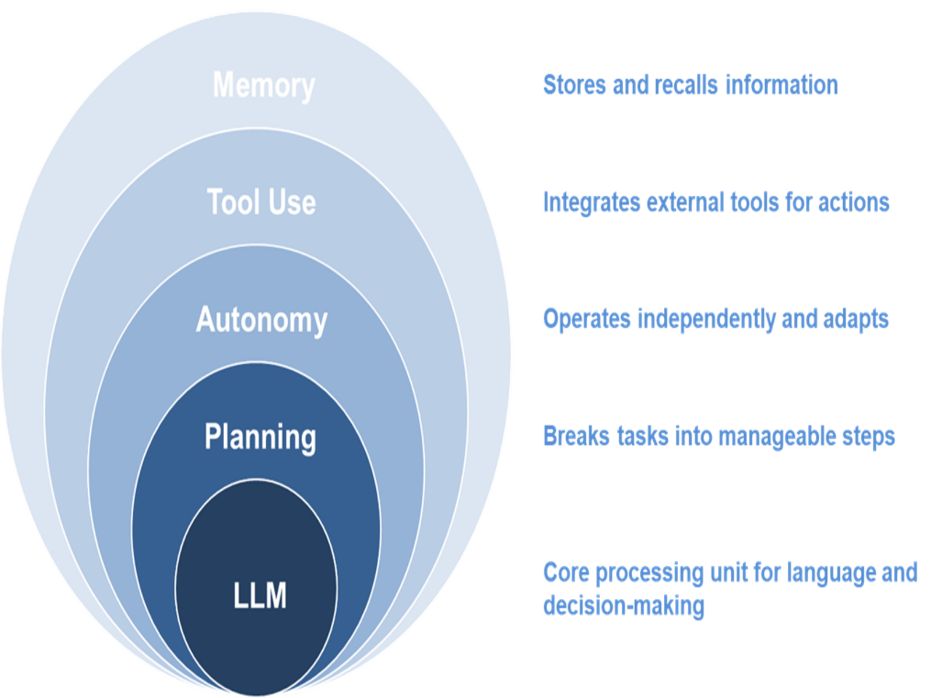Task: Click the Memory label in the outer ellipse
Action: tap(263, 85)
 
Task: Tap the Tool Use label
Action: tap(261, 202)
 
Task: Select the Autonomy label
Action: tap(262, 320)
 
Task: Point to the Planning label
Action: tap(260, 437)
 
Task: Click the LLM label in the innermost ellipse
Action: tap(260, 595)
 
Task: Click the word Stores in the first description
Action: tap(574, 85)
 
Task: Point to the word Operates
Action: tap(586, 319)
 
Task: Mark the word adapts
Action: tap(856, 319)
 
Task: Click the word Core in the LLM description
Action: tap(565, 573)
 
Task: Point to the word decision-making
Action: tap(623, 606)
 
